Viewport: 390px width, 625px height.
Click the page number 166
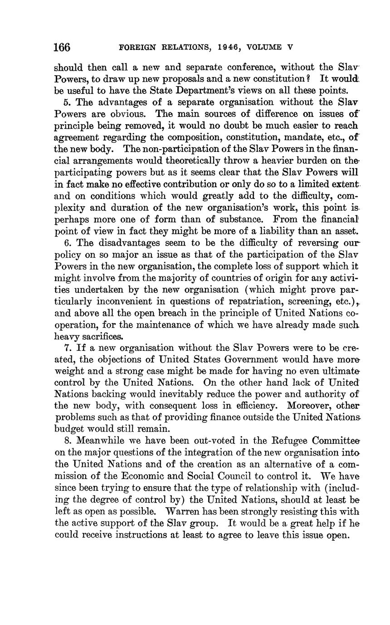click(x=62, y=47)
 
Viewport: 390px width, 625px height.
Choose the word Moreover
click(x=303, y=405)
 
